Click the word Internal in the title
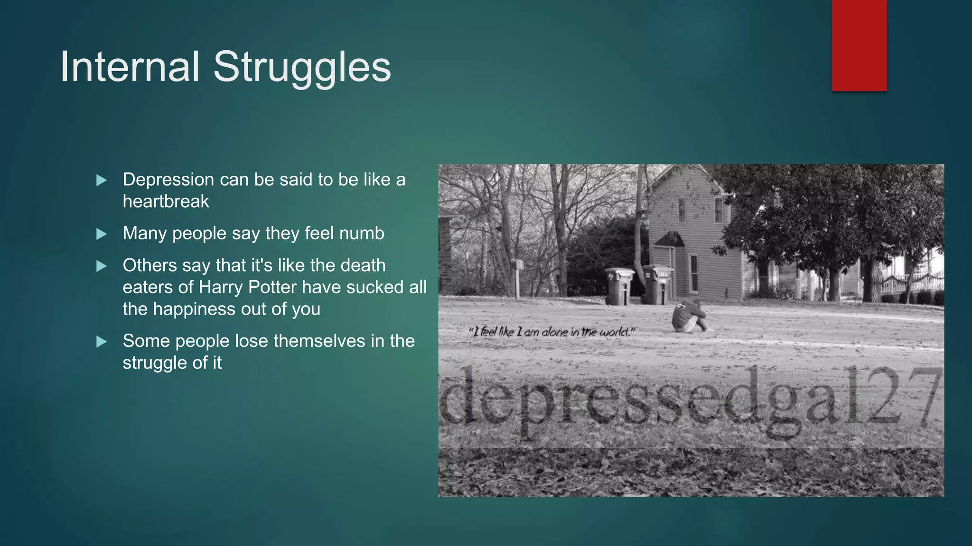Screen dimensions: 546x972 (x=130, y=67)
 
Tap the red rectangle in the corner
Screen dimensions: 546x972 (x=859, y=45)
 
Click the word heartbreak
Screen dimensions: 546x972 (x=166, y=201)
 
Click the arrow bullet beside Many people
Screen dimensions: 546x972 (x=102, y=234)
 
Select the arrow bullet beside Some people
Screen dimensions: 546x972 (x=102, y=341)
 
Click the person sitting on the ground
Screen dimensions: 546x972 (x=689, y=317)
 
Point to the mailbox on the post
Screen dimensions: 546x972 (x=517, y=264)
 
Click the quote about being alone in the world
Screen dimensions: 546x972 (x=551, y=332)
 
